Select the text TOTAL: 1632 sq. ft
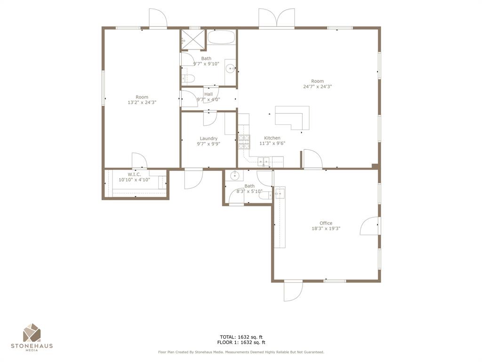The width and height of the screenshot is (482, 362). [241, 337]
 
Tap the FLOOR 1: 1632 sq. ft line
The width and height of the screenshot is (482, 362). [241, 343]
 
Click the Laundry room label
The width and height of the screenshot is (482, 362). [208, 139]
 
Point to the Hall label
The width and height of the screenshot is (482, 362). [208, 94]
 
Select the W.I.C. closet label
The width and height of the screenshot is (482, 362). [134, 174]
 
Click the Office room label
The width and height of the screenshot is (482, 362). [326, 223]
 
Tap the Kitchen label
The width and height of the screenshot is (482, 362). [272, 138]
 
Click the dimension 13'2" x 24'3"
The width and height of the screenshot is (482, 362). [142, 102]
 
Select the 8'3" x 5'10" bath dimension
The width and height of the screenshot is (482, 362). [249, 191]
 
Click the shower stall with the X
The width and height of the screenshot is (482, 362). [193, 40]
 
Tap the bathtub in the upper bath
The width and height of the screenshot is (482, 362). [221, 38]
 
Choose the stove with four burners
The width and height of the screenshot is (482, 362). [244, 141]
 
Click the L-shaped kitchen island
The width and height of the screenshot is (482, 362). [294, 116]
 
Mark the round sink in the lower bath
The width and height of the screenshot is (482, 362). [234, 176]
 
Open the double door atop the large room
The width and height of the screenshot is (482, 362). [276, 19]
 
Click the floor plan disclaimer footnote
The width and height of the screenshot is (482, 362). [241, 352]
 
